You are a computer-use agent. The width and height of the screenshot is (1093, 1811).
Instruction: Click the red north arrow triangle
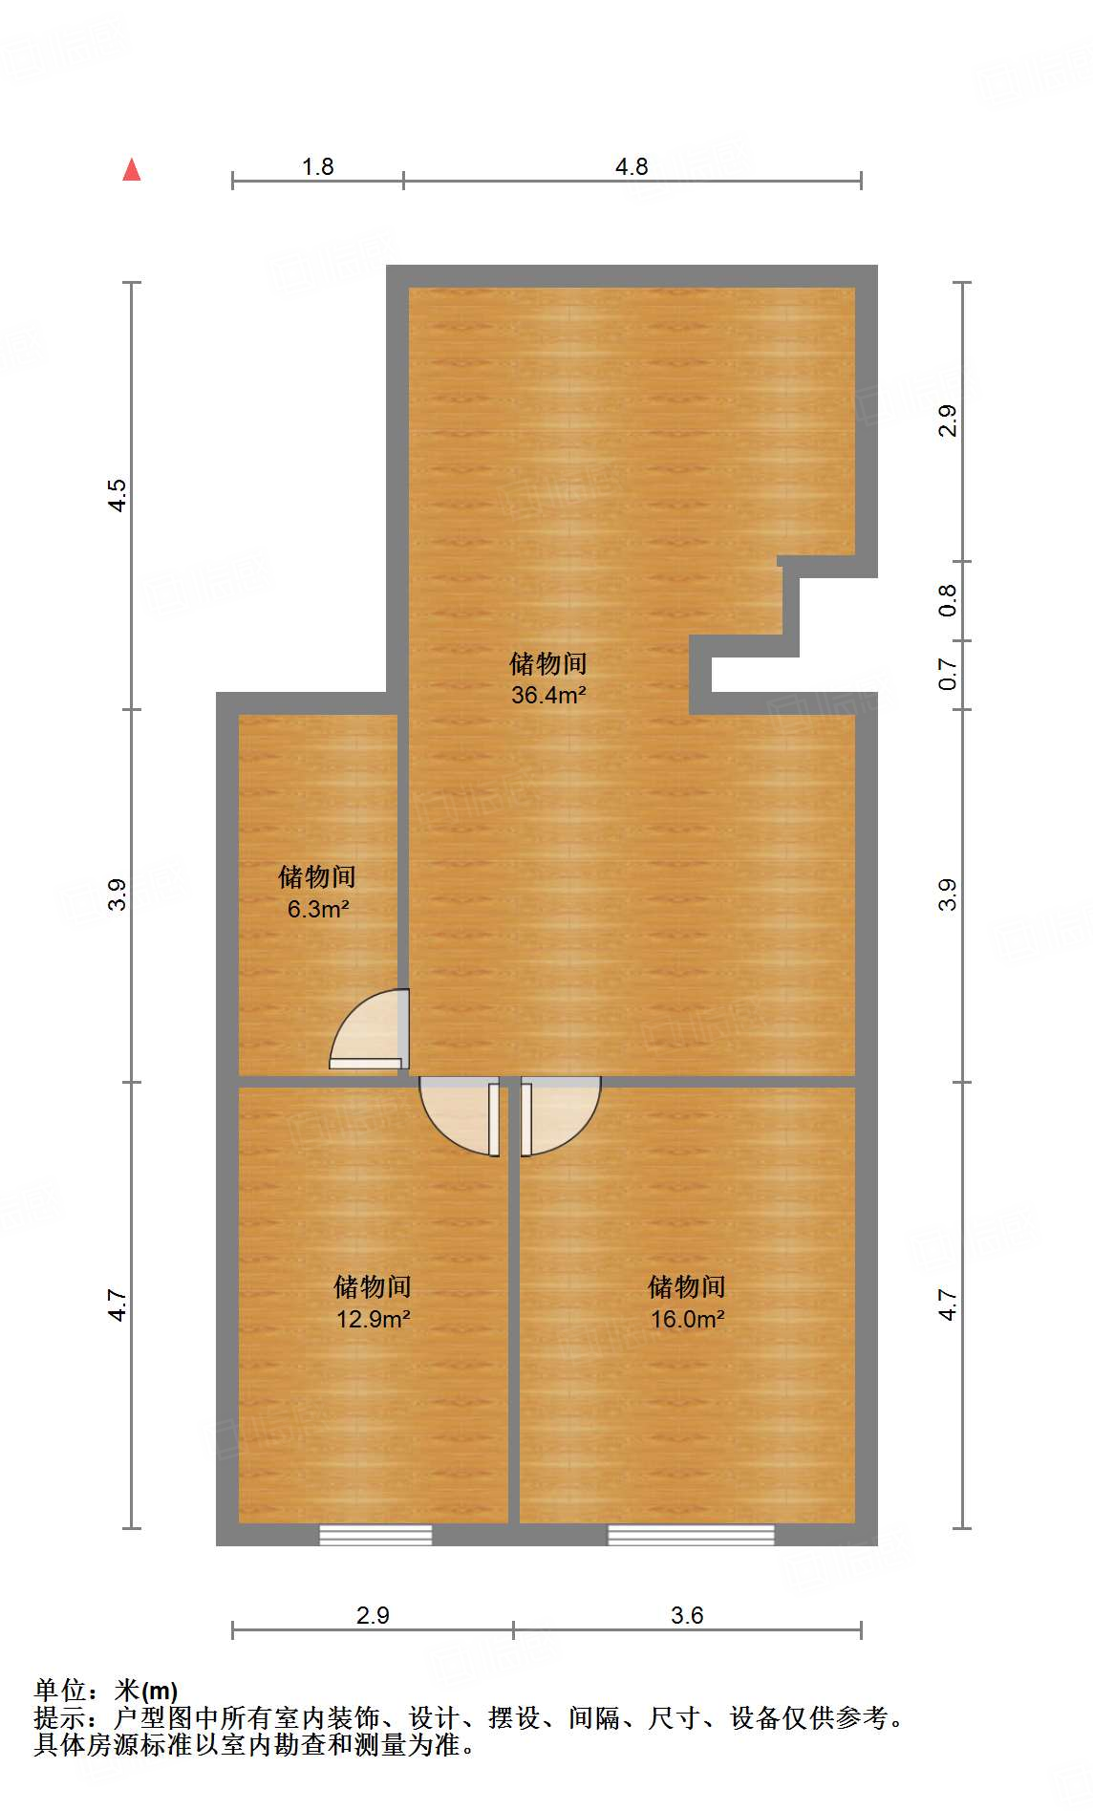coord(132,170)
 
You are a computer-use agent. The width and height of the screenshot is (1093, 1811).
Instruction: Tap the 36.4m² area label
coord(548,695)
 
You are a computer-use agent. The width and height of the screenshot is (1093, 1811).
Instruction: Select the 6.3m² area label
coord(318,909)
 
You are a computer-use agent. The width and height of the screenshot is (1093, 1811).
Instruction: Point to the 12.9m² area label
coord(373,1319)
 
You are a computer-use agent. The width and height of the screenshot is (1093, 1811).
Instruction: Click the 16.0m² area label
coord(687,1319)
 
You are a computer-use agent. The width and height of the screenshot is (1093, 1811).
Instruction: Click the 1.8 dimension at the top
coord(317,166)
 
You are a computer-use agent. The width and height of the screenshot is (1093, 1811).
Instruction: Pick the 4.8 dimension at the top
coord(632,166)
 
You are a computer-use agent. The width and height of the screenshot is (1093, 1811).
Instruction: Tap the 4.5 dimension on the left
coord(117,495)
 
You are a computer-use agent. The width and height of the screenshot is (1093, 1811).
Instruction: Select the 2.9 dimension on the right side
coord(947,420)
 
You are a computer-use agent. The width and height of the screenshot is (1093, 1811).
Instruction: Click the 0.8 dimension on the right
coord(947,600)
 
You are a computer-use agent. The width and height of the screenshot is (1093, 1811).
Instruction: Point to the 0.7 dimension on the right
coord(947,674)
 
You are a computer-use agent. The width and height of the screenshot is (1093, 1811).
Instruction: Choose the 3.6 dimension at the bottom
coord(687,1615)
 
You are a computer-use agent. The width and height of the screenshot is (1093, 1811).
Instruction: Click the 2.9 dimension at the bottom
coord(373,1615)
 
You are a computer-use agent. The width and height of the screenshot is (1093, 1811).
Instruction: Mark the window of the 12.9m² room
coord(375,1535)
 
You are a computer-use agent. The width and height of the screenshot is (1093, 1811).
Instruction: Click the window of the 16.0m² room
coord(691,1535)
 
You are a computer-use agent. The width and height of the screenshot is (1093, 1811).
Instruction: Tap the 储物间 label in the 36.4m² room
coord(548,663)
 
